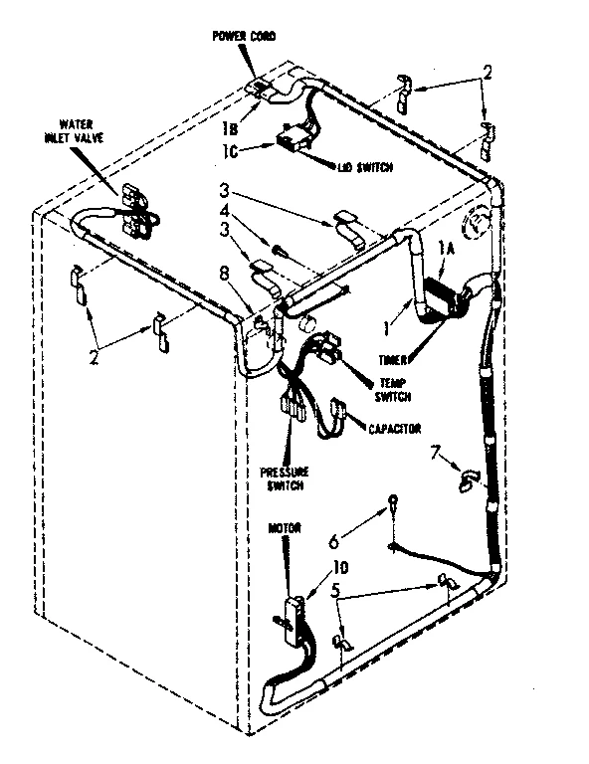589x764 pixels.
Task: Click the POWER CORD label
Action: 243,36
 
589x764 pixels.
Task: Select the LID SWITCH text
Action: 363,167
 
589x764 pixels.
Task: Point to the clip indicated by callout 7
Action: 466,481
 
